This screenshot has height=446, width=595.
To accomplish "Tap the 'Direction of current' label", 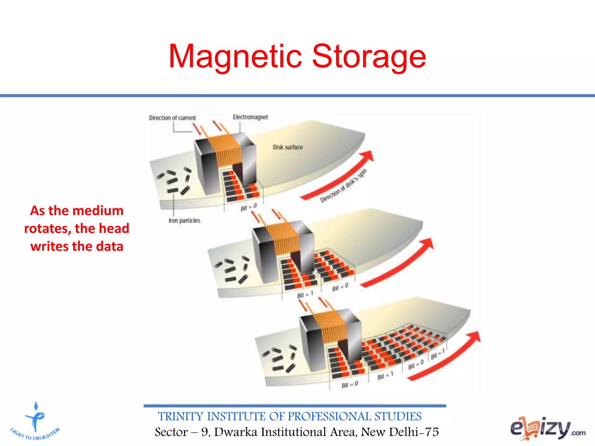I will [172, 118].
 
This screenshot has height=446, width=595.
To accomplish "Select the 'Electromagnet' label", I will [250, 117].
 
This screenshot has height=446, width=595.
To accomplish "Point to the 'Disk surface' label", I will [288, 147].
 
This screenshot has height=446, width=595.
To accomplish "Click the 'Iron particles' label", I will [184, 221].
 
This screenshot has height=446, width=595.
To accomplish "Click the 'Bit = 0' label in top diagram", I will [249, 207].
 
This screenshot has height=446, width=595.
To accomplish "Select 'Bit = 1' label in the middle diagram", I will [305, 295].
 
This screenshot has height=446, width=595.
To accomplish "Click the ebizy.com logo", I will [548, 428].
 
